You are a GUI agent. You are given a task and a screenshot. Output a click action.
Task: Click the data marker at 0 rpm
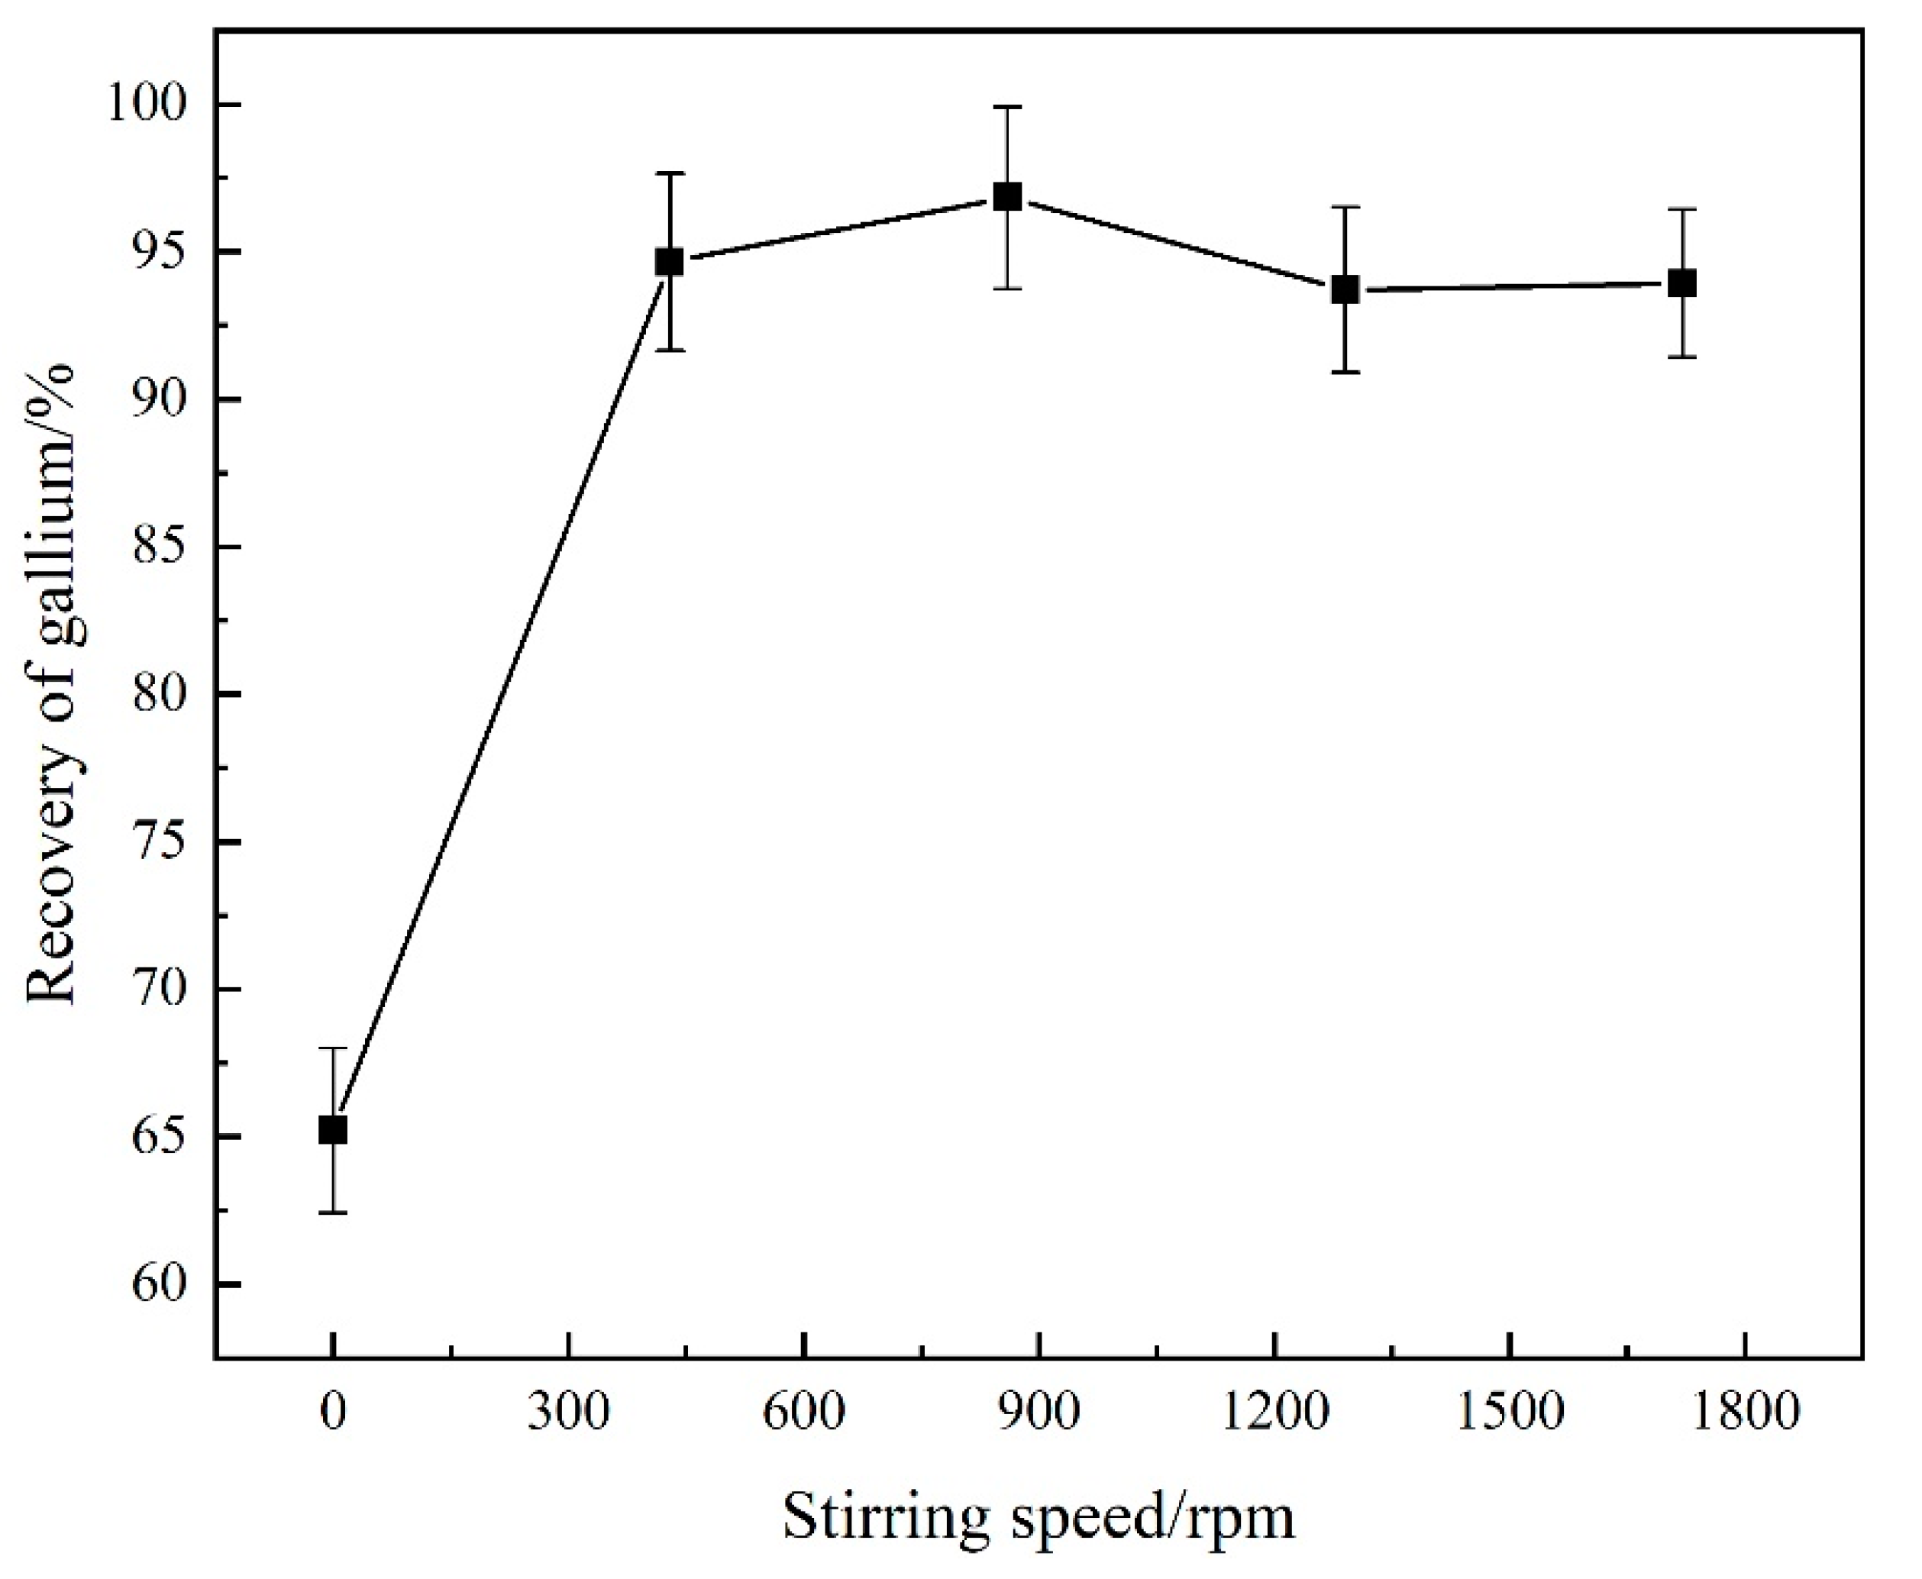[333, 1131]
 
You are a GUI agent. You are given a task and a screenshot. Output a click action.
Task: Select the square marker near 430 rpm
[670, 262]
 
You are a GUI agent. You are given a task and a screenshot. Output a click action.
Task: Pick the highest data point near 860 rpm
[1007, 196]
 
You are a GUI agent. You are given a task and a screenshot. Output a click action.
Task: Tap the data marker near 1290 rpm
[1345, 290]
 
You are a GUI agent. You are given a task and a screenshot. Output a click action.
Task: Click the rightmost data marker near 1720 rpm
[1683, 284]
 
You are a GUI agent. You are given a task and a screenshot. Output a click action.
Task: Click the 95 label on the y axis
[161, 252]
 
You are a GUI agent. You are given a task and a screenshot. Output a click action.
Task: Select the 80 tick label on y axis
[161, 694]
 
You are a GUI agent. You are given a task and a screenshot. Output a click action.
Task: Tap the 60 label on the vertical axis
[161, 1284]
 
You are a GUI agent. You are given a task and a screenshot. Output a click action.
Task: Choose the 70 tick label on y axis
[161, 989]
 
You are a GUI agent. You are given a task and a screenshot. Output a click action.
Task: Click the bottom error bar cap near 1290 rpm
[1345, 372]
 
